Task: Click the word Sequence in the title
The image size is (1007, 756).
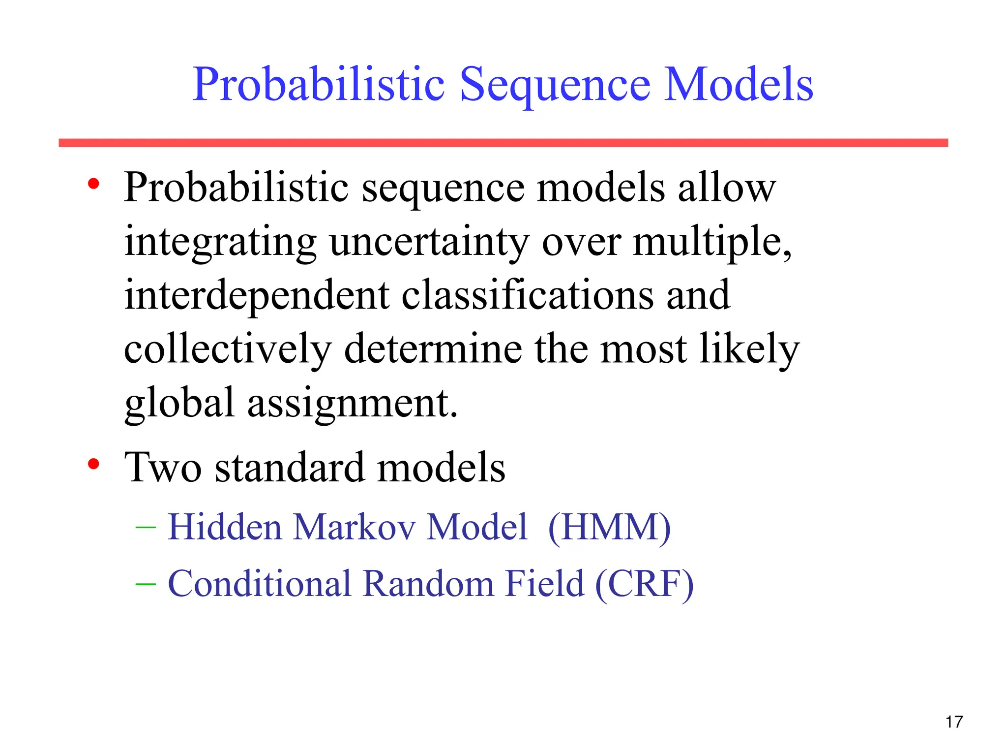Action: click(555, 86)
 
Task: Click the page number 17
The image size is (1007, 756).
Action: click(953, 722)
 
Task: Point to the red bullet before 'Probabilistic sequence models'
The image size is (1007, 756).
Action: click(93, 184)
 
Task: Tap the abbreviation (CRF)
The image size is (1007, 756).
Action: click(644, 584)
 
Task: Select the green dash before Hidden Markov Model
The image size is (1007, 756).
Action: click(146, 528)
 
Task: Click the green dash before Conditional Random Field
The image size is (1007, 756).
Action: click(146, 584)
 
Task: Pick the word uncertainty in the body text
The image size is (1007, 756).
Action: click(429, 243)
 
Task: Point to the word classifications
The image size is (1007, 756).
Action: click(528, 295)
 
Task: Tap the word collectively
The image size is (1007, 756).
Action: click(228, 349)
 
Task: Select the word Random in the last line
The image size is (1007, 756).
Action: click(428, 584)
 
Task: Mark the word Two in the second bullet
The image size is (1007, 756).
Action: click(163, 467)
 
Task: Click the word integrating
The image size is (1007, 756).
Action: click(220, 243)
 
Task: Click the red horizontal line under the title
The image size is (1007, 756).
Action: click(503, 143)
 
